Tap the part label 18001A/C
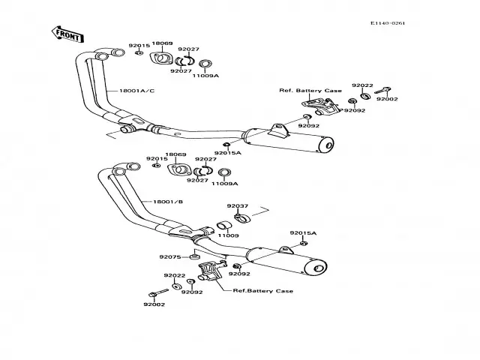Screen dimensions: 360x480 coord(136,91)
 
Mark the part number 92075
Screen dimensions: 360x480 coord(169,256)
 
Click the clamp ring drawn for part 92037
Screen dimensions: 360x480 coord(240,218)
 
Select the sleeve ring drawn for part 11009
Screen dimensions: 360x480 coord(222,225)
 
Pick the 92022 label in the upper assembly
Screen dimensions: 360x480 coord(361,85)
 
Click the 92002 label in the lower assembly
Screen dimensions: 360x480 coord(154,304)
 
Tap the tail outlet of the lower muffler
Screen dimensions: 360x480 coord(318,268)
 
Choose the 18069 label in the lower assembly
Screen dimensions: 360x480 coord(176,154)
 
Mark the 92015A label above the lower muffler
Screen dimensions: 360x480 coord(304,233)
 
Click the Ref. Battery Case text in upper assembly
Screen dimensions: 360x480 coord(310,91)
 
